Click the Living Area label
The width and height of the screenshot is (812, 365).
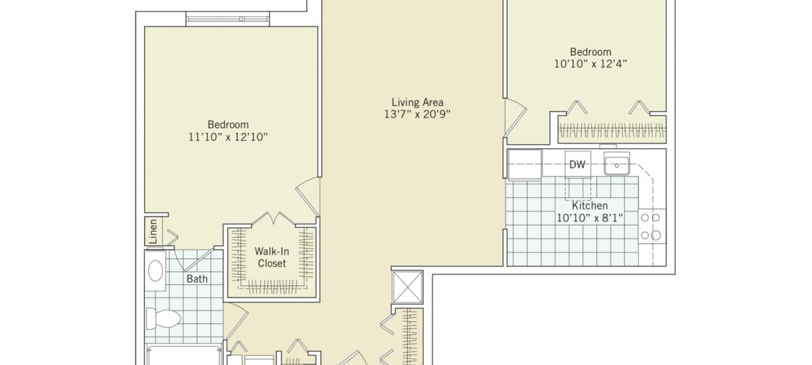[418, 102]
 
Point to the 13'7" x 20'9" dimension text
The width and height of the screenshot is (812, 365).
[418, 114]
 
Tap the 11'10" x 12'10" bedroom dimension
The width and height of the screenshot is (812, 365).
[228, 137]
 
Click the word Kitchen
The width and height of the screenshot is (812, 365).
[589, 205]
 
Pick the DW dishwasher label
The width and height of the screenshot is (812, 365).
[577, 164]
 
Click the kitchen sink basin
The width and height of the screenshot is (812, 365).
[616, 164]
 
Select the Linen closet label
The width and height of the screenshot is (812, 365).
[153, 232]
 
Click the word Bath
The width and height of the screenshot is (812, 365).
[197, 278]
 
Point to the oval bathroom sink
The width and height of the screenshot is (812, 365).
[156, 271]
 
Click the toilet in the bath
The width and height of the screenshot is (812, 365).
[162, 317]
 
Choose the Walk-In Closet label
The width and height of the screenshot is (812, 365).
[271, 257]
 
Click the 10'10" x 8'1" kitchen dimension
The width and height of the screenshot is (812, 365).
[589, 218]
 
